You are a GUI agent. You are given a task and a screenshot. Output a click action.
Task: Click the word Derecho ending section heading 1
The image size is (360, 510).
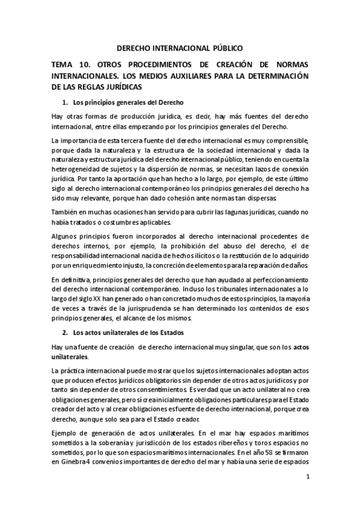click(169, 102)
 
